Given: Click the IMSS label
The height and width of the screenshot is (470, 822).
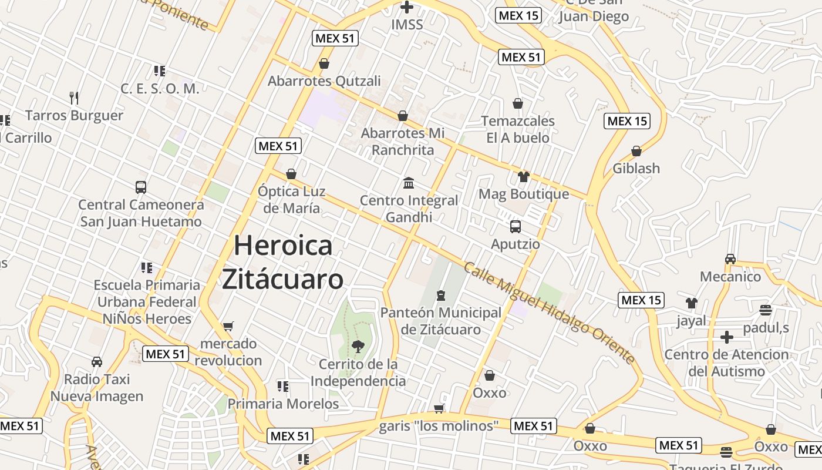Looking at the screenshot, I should point(407,25).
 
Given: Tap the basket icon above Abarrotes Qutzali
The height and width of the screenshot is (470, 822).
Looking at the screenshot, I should point(324,63).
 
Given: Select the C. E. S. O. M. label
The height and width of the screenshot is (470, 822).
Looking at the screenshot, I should point(160,89).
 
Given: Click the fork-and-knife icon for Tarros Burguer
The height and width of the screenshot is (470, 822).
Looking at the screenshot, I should point(74,98).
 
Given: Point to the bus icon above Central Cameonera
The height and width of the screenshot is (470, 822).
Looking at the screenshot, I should point(141,187).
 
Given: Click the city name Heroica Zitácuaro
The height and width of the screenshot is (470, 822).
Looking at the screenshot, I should point(282,262).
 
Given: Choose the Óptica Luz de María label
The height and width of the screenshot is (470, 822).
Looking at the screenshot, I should point(291,200).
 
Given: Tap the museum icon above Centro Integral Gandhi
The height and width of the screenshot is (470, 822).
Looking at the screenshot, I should point(409,183).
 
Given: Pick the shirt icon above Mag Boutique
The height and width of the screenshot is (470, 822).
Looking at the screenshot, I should point(523,177).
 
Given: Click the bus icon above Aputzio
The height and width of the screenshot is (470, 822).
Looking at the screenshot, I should point(516,227).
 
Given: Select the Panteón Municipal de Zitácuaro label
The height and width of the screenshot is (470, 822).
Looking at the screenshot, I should point(440,321).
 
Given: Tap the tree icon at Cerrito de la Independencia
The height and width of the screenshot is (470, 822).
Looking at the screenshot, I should point(358,347).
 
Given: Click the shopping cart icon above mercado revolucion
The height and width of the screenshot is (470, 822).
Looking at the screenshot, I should point(228,326).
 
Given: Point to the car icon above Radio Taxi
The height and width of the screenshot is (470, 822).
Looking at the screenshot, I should point(97,362).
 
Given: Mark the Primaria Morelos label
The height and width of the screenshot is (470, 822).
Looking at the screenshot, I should point(283,404).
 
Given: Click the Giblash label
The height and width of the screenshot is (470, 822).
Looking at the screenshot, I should point(636,169).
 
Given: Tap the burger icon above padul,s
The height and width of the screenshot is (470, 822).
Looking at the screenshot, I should point(765,310).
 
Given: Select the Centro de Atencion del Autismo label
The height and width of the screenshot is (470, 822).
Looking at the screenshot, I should point(726,363).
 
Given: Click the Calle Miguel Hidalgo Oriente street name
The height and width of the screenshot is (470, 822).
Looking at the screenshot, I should point(549,313).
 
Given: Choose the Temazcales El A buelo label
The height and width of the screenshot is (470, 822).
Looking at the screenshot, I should point(517,129).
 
